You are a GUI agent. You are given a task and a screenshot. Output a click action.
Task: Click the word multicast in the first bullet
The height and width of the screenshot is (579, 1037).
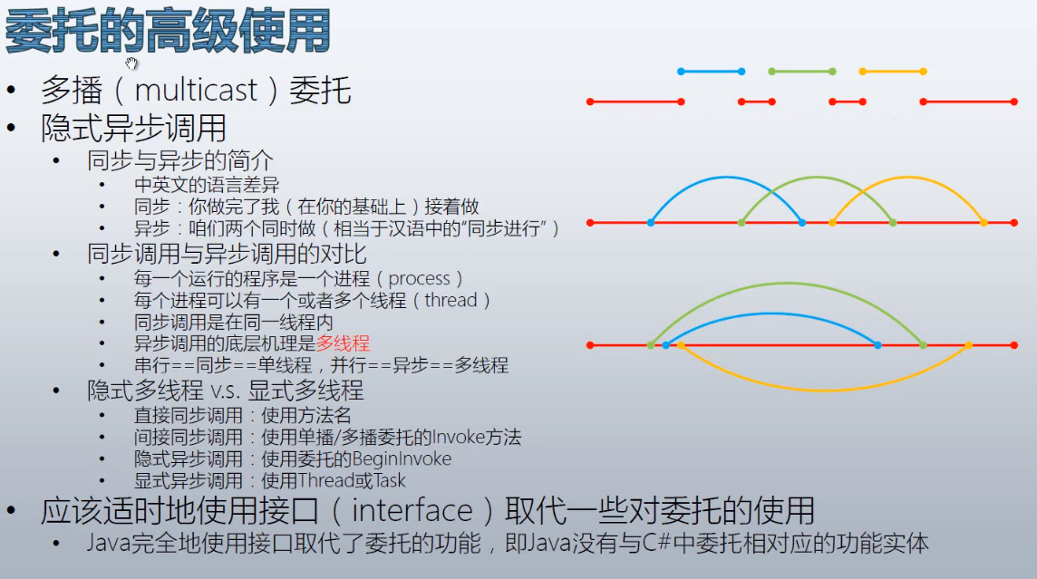(x=196, y=90)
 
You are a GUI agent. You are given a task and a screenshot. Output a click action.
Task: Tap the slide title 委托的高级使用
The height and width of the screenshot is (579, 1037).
(x=168, y=31)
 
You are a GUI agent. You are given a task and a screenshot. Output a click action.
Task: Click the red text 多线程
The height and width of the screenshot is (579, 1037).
(x=343, y=343)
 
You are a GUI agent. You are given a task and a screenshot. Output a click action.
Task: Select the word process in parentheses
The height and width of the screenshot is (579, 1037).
(x=420, y=278)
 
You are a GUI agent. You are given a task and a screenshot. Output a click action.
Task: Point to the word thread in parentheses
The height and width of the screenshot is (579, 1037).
(x=451, y=300)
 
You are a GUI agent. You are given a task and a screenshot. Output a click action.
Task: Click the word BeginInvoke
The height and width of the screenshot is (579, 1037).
(x=402, y=458)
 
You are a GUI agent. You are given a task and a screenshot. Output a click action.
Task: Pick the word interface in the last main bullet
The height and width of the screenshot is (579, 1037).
(x=412, y=511)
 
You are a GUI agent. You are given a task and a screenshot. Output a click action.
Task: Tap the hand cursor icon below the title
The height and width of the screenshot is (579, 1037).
(x=131, y=63)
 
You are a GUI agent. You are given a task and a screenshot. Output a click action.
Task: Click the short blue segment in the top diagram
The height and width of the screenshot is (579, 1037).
(x=711, y=72)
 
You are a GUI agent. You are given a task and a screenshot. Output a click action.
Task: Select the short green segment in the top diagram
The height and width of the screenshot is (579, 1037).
(x=801, y=72)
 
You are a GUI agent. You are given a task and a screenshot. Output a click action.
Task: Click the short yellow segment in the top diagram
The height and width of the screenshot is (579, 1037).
(x=893, y=72)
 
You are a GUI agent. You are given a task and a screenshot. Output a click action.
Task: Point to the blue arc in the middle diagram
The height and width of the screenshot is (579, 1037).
(x=726, y=177)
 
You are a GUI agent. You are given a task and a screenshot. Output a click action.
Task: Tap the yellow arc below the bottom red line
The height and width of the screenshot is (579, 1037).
(x=823, y=390)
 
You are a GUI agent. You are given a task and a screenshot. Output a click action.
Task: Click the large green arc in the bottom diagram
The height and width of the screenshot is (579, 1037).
(x=787, y=284)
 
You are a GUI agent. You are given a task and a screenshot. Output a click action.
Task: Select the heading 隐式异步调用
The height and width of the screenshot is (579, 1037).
(x=133, y=128)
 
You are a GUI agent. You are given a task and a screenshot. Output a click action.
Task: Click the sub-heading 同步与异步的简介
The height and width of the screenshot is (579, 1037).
(x=179, y=160)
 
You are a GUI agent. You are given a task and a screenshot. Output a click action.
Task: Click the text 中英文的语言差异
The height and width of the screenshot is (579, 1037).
(x=207, y=185)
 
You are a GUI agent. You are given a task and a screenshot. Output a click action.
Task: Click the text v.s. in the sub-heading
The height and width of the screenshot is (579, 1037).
(x=225, y=391)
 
